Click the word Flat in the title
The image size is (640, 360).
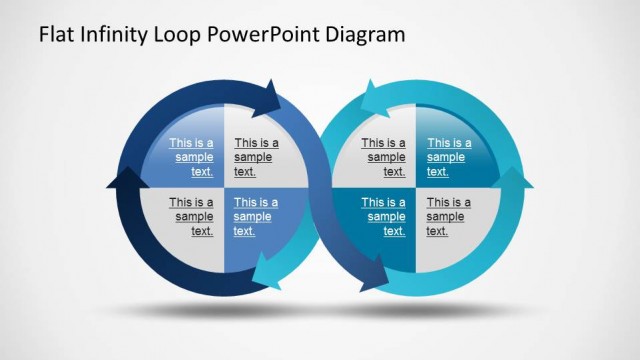click(x=56, y=34)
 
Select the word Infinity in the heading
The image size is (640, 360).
click(x=114, y=34)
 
